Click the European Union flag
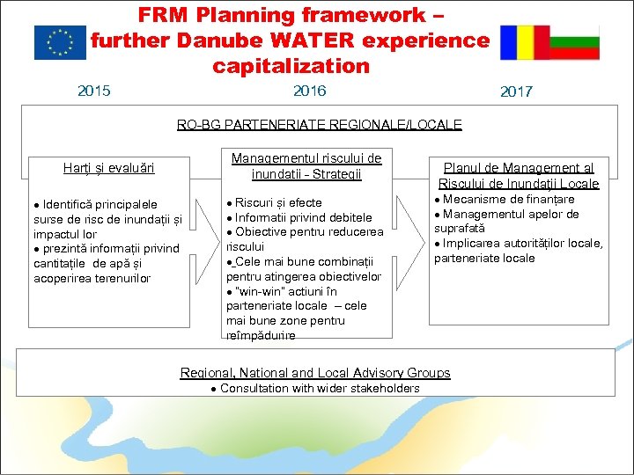[60, 42]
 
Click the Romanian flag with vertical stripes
[524, 42]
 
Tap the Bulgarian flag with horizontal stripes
[574, 42]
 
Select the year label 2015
[94, 91]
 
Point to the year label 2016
[309, 91]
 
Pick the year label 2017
[516, 92]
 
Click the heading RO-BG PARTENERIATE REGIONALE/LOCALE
[319, 125]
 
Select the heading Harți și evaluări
[109, 167]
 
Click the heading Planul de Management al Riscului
[519, 175]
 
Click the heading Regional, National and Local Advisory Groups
[315, 373]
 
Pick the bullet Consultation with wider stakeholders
[320, 388]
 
